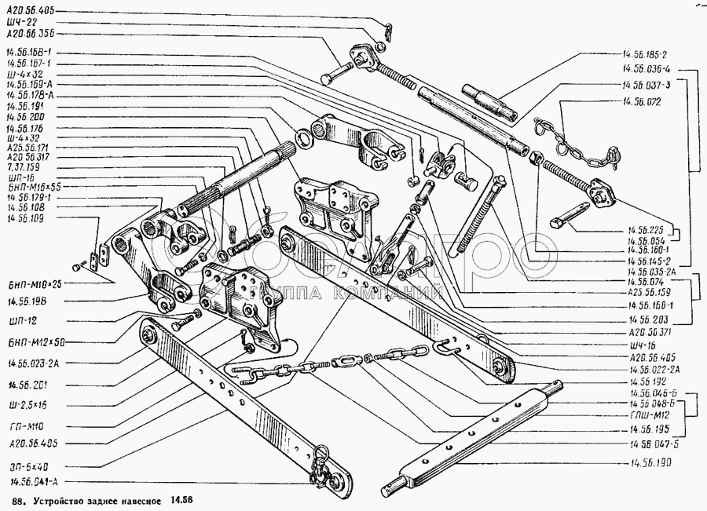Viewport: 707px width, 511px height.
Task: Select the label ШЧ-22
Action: click(22, 23)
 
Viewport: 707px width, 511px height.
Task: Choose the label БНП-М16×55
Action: click(32, 188)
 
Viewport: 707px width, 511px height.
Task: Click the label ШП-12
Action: click(21, 321)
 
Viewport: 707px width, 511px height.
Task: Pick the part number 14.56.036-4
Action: click(646, 69)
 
